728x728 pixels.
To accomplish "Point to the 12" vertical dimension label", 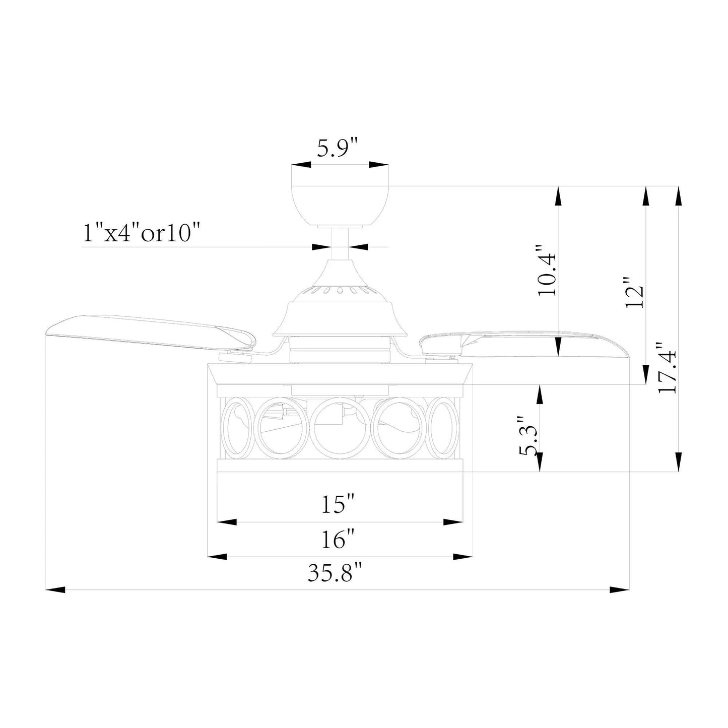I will point(634,292).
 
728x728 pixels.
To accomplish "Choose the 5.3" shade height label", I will point(528,436).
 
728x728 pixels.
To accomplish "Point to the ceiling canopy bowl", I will point(340,204).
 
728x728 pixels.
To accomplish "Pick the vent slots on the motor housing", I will point(340,290).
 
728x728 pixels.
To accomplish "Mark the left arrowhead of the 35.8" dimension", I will point(55,589).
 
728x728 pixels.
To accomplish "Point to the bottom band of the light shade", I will point(340,466).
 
